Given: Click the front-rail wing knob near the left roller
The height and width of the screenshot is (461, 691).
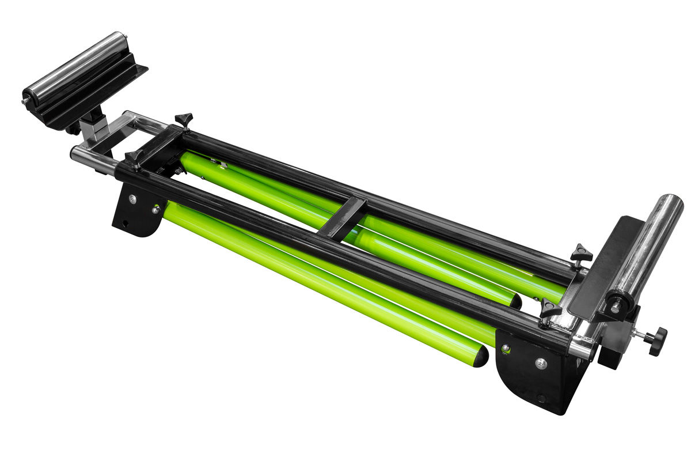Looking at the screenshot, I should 134,157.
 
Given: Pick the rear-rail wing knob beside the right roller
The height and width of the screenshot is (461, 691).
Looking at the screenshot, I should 580,254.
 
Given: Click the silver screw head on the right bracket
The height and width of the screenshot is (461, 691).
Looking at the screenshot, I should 541,364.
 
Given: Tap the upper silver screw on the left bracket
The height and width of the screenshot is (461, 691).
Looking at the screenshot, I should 132,199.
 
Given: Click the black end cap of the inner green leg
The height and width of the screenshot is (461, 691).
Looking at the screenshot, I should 516,301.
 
